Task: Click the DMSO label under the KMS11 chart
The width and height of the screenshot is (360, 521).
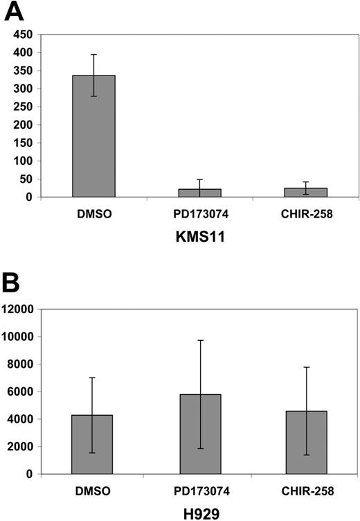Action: tap(94, 214)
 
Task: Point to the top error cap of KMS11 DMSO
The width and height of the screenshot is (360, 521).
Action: tap(94, 55)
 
